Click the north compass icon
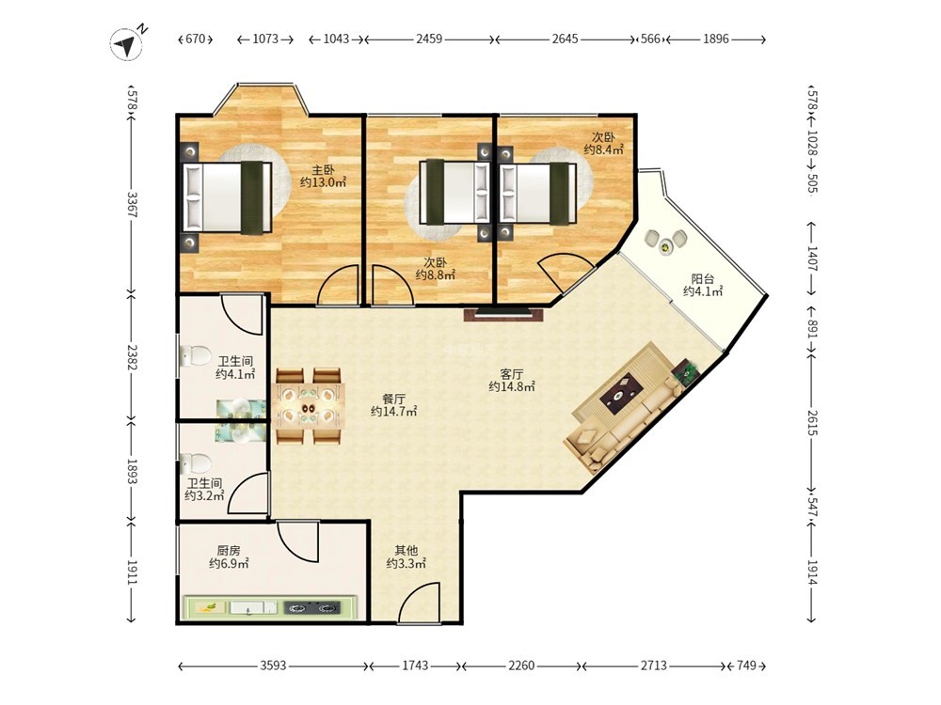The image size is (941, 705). click(127, 44)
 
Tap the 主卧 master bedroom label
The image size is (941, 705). click(323, 169)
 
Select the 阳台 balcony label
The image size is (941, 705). click(702, 279)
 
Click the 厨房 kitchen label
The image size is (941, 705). click(229, 550)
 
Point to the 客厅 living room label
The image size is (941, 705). click(511, 374)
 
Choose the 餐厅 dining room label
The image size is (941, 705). click(393, 399)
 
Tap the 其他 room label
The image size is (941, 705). click(406, 550)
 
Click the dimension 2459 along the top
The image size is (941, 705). click(429, 39)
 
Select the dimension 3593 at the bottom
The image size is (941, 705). click(273, 666)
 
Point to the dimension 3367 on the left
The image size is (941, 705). click(133, 205)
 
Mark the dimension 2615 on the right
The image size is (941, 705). click(812, 423)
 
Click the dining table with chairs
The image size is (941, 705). click(310, 406)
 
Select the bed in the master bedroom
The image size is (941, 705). click(228, 196)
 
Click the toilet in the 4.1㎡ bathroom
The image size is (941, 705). click(195, 355)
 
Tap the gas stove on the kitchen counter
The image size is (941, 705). click(311, 608)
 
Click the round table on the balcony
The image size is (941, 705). click(665, 245)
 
